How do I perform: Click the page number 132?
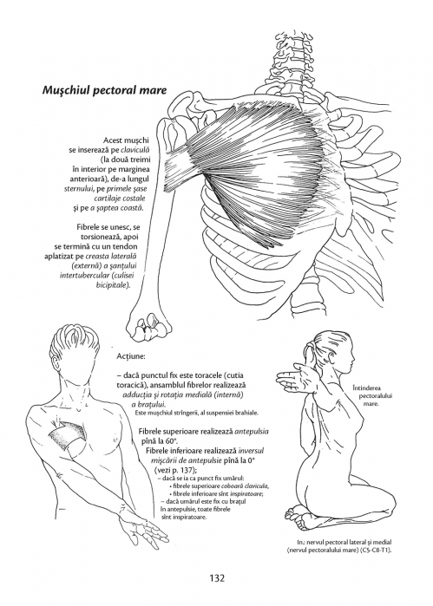[x=217, y=577]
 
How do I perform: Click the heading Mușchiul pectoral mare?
[x=104, y=90]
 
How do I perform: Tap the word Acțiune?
[x=131, y=355]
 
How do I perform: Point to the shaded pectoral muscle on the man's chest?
[x=67, y=434]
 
